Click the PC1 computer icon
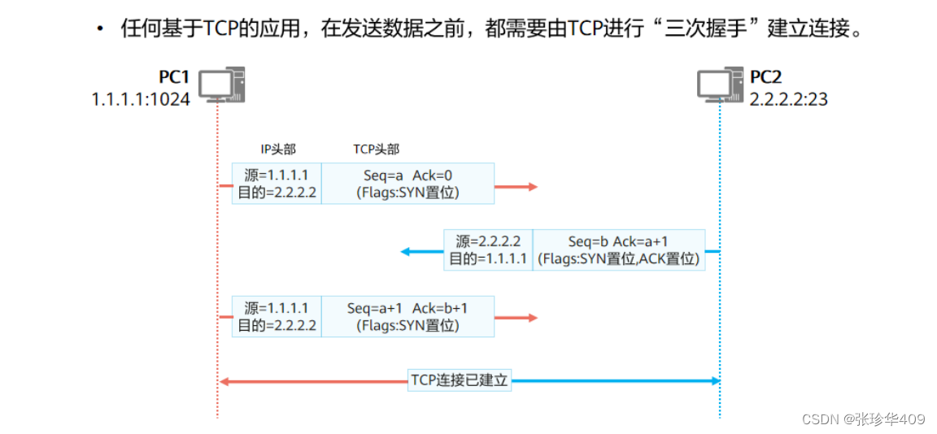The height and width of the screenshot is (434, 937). pyautogui.click(x=222, y=85)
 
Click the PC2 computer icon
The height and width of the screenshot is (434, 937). pyautogui.click(x=720, y=85)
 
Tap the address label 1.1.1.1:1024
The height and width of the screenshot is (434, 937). pyautogui.click(x=141, y=99)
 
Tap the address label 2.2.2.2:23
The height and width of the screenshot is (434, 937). pyautogui.click(x=789, y=99)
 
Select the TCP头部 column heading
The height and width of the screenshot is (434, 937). pyautogui.click(x=376, y=149)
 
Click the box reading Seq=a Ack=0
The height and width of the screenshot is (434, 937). pyautogui.click(x=407, y=184)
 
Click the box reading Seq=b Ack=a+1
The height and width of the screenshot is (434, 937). pyautogui.click(x=618, y=250)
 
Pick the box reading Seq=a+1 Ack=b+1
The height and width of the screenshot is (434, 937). pyautogui.click(x=407, y=316)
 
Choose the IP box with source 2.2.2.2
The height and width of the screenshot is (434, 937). pyautogui.click(x=488, y=250)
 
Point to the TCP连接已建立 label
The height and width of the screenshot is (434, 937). pyautogui.click(x=460, y=380)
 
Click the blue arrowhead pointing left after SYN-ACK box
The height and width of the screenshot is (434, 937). pyautogui.click(x=406, y=251)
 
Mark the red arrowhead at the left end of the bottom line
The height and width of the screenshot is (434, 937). pyautogui.click(x=224, y=381)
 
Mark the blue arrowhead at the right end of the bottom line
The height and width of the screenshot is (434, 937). pyautogui.click(x=715, y=380)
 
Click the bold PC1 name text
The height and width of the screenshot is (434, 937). pyautogui.click(x=174, y=77)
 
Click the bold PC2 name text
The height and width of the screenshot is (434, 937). pyautogui.click(x=765, y=77)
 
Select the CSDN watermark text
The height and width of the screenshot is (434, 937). pyautogui.click(x=863, y=419)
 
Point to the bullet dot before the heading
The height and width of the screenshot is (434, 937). pyautogui.click(x=100, y=30)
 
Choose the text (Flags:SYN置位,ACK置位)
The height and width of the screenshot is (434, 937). pyautogui.click(x=618, y=259)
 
